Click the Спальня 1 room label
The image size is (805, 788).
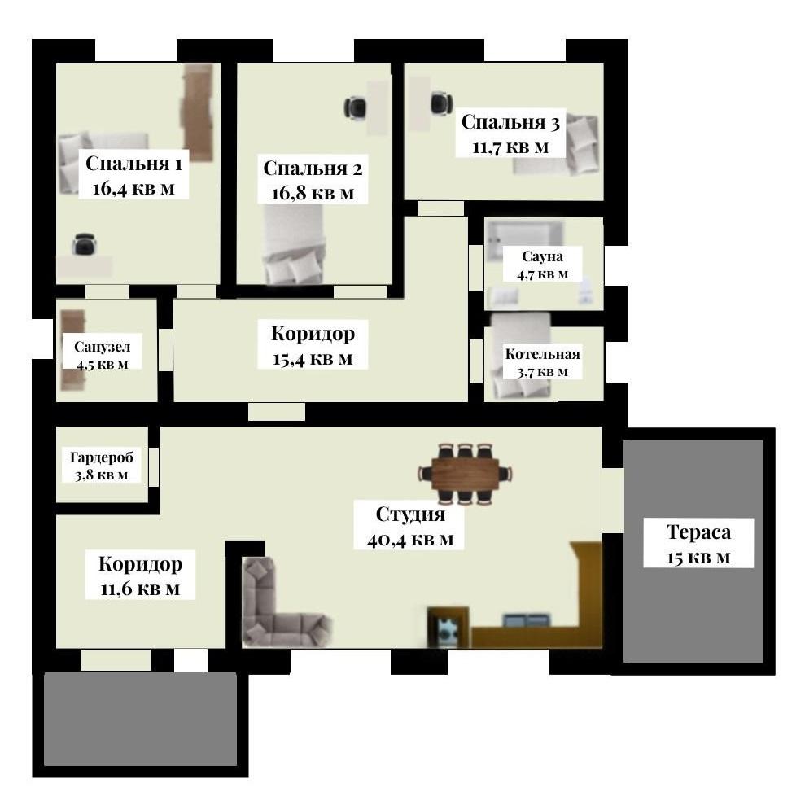pos(133,164)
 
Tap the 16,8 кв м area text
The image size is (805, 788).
pos(313,194)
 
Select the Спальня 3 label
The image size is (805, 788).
pos(510,122)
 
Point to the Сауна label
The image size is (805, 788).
pos(542,256)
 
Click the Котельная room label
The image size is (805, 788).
pos(543,353)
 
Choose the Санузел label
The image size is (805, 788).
pos(103,347)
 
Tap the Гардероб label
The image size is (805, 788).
pos(102,457)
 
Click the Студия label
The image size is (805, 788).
pos(410,514)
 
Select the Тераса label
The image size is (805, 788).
pos(698,532)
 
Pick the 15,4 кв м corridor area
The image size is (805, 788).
pos(313,359)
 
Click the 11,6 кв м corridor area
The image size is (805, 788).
pos(140,589)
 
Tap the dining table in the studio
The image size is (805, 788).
pos(465,473)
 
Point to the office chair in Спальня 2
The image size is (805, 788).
pos(355,107)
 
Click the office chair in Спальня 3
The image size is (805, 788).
pos(441,103)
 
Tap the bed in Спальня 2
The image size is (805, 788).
pos(293,244)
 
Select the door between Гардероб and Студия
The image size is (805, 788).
pos(154,466)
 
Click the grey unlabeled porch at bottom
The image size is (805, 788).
pos(140,719)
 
